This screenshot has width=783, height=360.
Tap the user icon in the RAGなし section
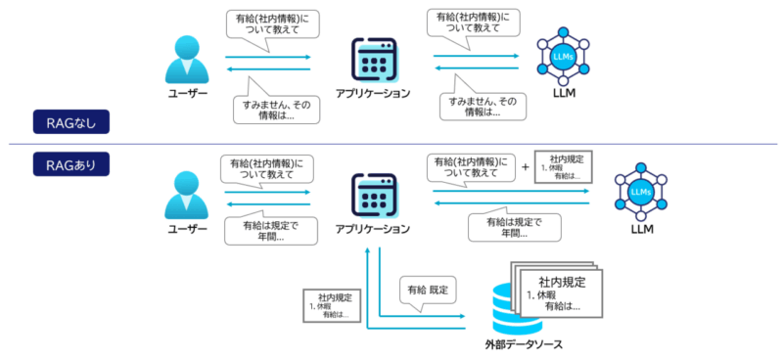(188, 63)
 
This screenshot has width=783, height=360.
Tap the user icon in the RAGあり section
(188, 196)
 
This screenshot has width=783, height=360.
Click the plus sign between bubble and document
(525, 167)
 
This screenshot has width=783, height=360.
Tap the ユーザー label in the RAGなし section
(188, 93)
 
